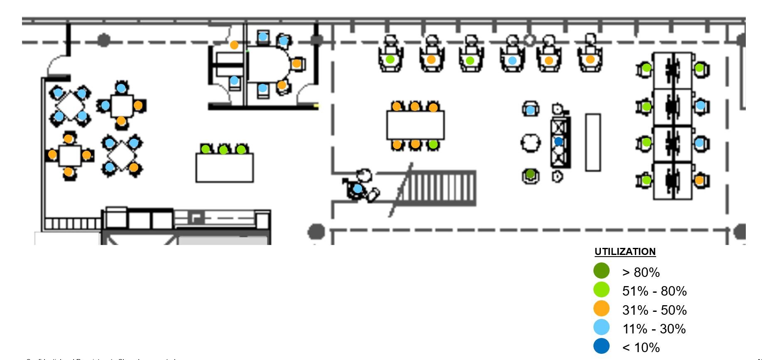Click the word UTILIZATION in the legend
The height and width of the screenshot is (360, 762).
tap(625, 252)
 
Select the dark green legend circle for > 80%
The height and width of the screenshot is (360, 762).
tap(601, 271)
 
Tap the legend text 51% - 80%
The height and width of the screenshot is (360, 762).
tap(654, 291)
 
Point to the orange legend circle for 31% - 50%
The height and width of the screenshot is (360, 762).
tap(601, 309)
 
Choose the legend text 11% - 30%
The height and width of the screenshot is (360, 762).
tap(654, 329)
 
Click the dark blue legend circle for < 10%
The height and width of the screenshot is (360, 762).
tap(601, 346)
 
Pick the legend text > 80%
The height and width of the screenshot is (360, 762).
tap(641, 272)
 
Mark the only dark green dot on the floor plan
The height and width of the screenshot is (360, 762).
tap(530, 174)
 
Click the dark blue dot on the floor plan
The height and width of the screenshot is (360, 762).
tap(559, 142)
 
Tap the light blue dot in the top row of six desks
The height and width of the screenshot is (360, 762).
tap(512, 61)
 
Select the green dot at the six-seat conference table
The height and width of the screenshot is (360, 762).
tap(433, 144)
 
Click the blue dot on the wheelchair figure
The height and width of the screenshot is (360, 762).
tap(358, 189)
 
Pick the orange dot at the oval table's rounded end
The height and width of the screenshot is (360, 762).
tap(296, 64)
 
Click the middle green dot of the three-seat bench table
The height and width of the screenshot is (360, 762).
tap(223, 150)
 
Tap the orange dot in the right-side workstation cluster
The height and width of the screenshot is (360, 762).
tap(699, 181)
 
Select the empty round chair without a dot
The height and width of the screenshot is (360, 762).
tap(530, 143)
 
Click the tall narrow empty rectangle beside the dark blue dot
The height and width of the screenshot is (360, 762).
tap(593, 142)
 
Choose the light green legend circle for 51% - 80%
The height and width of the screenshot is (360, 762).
tap(601, 290)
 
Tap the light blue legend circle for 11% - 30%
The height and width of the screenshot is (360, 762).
tap(601, 328)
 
